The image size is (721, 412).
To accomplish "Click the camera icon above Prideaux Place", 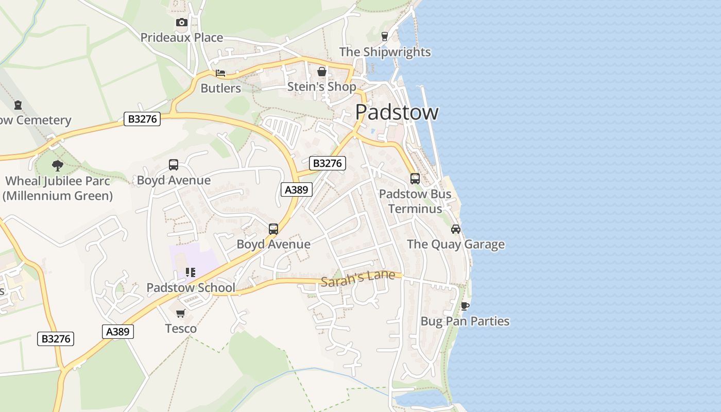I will click(181, 22).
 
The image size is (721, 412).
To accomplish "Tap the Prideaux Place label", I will click(182, 38).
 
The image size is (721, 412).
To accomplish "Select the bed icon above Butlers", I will click(220, 73).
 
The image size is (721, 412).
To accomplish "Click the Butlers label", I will click(220, 88).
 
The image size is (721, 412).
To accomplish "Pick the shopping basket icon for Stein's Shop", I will click(322, 72).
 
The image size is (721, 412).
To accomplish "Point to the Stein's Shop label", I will click(321, 87).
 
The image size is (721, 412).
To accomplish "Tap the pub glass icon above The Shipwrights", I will click(384, 36).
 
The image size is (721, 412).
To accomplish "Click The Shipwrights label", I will click(385, 52).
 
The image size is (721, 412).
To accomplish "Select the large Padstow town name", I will click(397, 112).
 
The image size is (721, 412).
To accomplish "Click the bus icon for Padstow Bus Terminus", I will click(415, 179).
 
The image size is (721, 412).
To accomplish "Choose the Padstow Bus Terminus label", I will click(415, 201).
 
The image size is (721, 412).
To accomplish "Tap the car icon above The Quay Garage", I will click(456, 229).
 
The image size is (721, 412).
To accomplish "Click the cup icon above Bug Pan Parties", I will click(465, 306).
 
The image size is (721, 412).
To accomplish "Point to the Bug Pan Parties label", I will click(465, 321).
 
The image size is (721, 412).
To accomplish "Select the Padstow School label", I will click(191, 288).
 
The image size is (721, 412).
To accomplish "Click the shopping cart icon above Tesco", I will click(181, 313).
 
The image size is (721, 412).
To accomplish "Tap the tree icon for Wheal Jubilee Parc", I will click(58, 166).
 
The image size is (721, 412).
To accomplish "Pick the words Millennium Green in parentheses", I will click(58, 196).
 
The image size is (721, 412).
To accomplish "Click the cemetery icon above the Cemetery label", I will click(18, 105).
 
